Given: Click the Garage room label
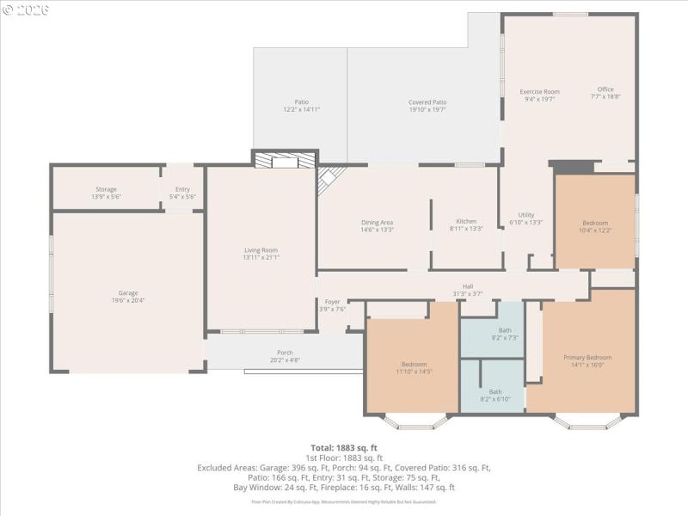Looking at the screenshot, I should point(127,292).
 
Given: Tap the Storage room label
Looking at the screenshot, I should point(106,189).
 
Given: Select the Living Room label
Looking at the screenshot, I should point(261,250).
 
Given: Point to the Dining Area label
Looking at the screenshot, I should point(377,223).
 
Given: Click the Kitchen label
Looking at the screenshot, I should point(466,222).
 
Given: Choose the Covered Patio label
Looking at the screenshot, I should point(427,102).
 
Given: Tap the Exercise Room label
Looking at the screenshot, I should point(539,91).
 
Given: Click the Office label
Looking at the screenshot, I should point(605,89).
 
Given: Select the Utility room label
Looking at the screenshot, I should point(526,215).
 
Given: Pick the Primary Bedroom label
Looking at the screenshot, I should point(587,357).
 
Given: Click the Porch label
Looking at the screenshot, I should point(285,353).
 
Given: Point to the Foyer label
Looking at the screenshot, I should point(332,302).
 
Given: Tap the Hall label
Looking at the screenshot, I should point(468,287).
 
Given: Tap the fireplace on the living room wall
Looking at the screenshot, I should point(285,160).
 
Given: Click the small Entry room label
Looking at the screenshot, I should point(182,189).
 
